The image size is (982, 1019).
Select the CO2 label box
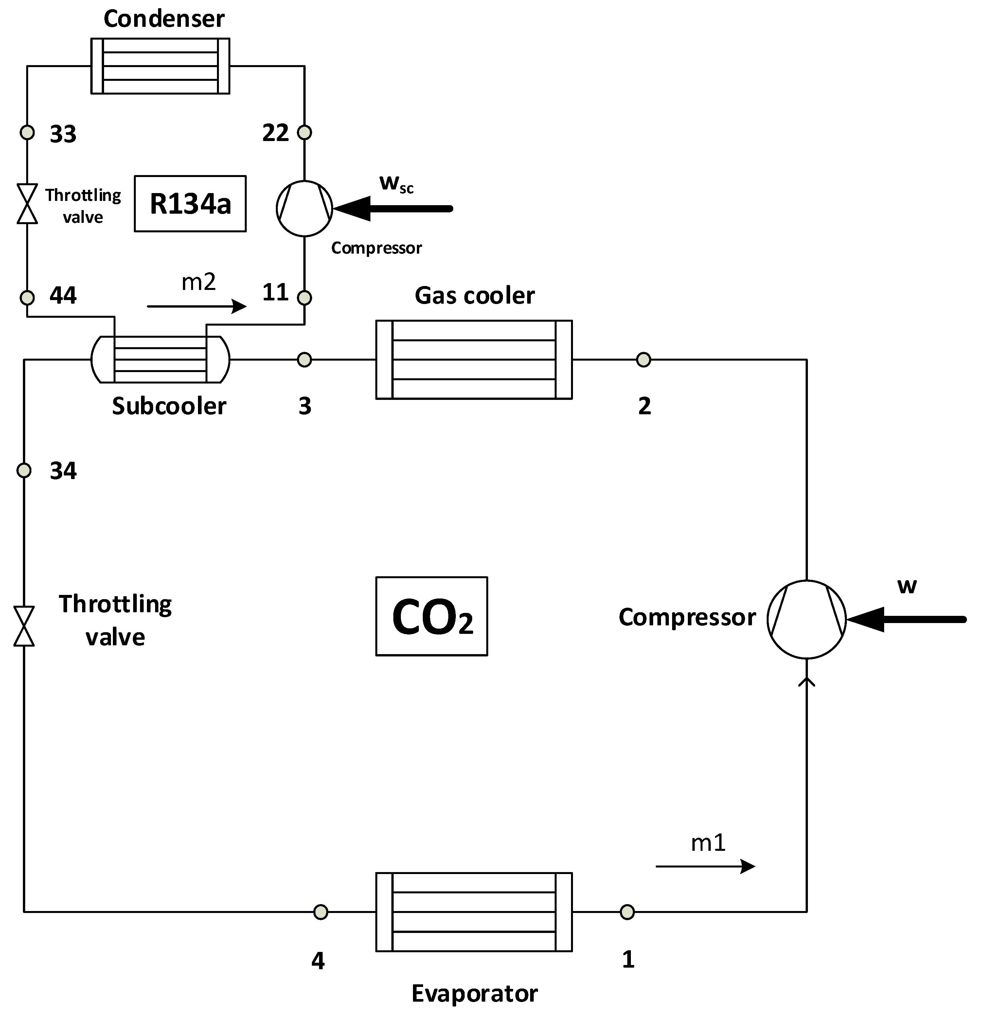[x=432, y=616]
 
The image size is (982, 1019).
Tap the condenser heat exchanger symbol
[x=160, y=66]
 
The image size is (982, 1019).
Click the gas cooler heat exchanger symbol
[x=473, y=360]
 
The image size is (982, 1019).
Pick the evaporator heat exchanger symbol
[x=473, y=912]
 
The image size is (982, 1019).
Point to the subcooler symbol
[x=160, y=359]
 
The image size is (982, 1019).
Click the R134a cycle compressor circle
[x=304, y=208]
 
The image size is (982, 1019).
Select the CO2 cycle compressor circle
[x=807, y=619]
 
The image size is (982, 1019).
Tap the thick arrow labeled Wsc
[x=395, y=208]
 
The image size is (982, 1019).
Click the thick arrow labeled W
[x=907, y=619]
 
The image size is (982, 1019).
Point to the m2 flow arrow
[x=197, y=306]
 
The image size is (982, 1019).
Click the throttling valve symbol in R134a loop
[x=27, y=203]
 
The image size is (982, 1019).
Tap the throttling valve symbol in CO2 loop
[x=24, y=626]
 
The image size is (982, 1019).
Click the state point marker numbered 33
[x=27, y=133]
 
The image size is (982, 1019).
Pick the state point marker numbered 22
[x=304, y=133]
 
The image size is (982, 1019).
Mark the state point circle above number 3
[x=304, y=359]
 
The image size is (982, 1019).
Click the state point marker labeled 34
[x=24, y=471]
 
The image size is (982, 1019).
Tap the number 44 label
[x=63, y=295]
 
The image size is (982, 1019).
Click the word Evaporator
[x=474, y=993]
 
